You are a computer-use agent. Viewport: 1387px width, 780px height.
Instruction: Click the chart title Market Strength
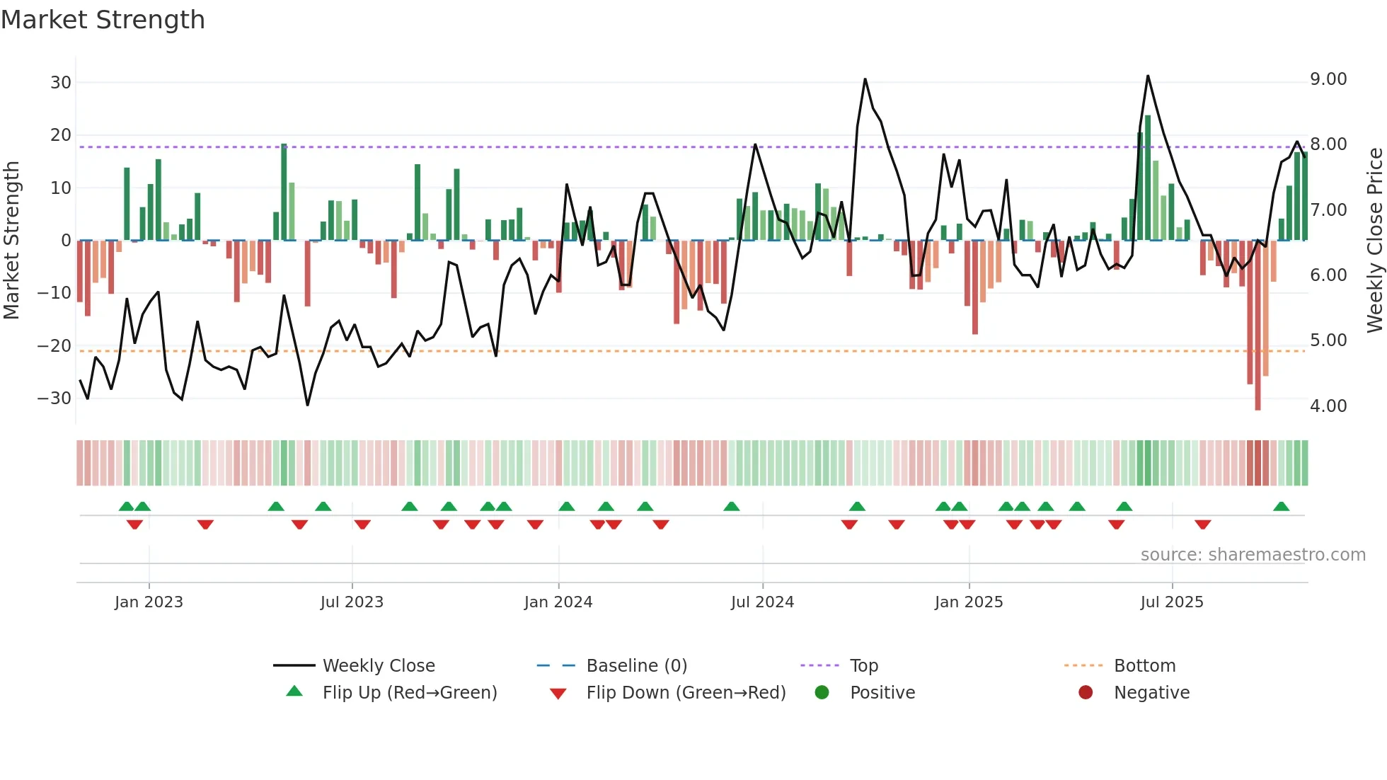point(103,20)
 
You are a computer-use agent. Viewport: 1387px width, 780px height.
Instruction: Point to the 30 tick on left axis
point(61,83)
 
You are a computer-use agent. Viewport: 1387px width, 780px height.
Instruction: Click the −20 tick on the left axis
point(54,346)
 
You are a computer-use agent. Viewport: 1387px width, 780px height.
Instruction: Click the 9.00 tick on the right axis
point(1328,79)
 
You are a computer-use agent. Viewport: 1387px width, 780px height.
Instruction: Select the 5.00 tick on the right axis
point(1328,340)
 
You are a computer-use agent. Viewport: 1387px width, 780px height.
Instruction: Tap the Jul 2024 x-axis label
point(762,602)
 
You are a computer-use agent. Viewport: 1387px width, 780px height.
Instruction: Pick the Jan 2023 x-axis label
point(149,602)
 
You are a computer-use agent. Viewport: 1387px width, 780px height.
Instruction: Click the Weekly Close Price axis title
point(1374,241)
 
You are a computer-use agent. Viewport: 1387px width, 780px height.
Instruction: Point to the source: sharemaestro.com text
point(1253,555)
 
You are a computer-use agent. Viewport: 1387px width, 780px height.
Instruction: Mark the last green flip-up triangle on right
point(1281,506)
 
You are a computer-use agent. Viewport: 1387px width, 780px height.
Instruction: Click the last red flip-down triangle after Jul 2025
point(1202,524)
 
